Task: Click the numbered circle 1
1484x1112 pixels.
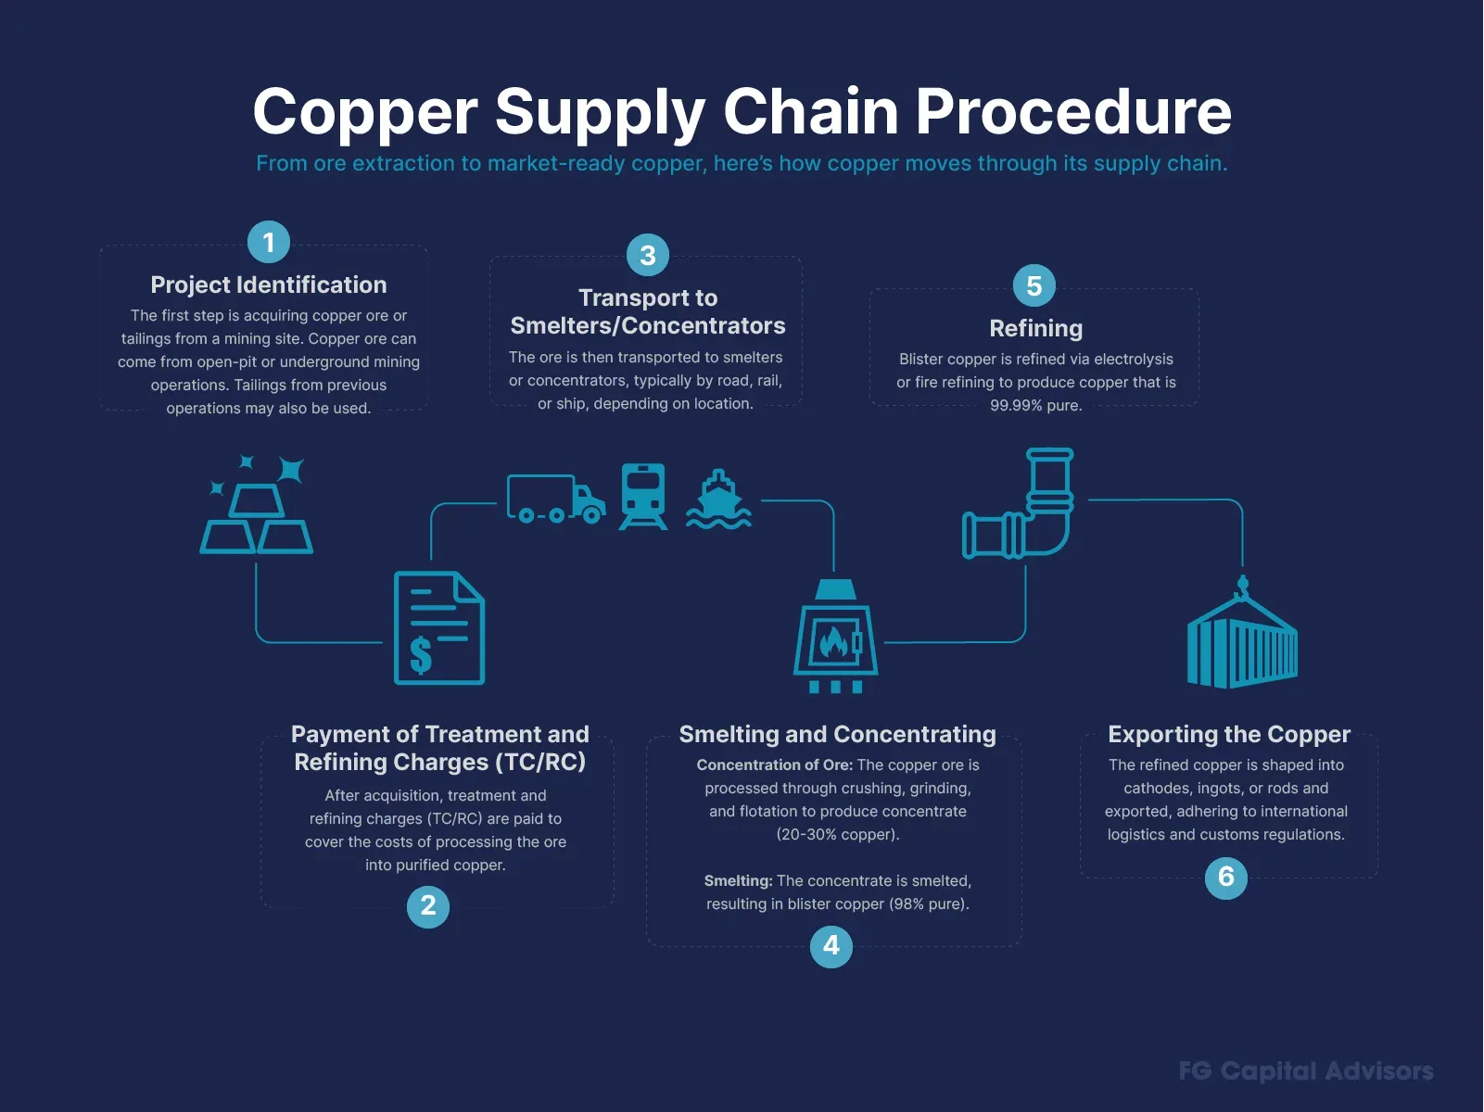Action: click(269, 242)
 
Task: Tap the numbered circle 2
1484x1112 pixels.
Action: click(428, 906)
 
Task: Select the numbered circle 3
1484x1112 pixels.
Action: click(648, 255)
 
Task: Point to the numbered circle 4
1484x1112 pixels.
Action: click(831, 946)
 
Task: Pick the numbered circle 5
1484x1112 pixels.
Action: click(1034, 285)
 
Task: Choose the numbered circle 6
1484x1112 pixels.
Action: click(1225, 877)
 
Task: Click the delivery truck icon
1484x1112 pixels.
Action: click(556, 499)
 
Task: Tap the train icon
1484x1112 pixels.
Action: click(643, 497)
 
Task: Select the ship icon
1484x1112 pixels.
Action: click(718, 499)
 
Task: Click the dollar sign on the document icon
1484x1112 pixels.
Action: click(421, 654)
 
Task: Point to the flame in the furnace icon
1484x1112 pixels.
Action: click(833, 642)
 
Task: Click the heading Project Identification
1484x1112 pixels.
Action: click(269, 285)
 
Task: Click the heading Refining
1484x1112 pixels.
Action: click(1035, 328)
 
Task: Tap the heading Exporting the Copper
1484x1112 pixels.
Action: click(1229, 734)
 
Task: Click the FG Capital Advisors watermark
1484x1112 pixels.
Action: click(1306, 1071)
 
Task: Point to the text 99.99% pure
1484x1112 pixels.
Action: click(1035, 405)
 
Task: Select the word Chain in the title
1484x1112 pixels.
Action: click(811, 111)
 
